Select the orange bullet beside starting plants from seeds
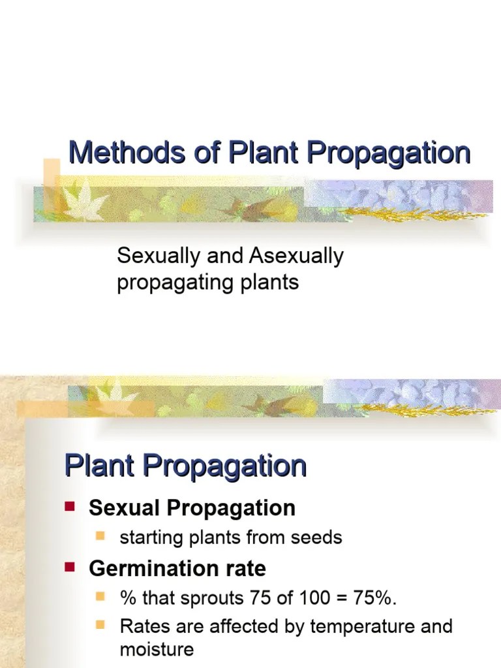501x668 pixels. coord(100,536)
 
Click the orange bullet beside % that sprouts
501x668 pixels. coord(100,596)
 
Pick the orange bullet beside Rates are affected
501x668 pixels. coord(100,626)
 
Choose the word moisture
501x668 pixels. coord(157,650)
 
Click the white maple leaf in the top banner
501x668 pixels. coord(83,202)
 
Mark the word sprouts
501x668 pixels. coord(222,598)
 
